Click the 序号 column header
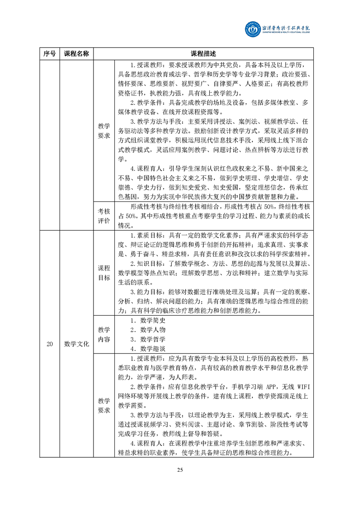(49, 54)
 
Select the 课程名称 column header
(76, 54)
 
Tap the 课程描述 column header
(203, 54)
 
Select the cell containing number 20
(49, 344)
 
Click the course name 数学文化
(76, 344)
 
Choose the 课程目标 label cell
(104, 273)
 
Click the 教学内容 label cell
(104, 334)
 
